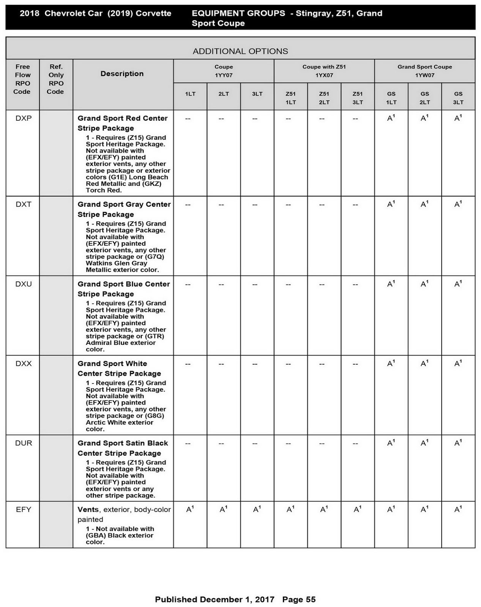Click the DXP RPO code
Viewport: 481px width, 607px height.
[24, 118]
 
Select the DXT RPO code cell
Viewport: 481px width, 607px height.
[24, 204]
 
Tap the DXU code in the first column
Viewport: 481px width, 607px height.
[24, 284]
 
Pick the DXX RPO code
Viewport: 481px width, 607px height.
[24, 364]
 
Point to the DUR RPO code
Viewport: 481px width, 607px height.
[24, 443]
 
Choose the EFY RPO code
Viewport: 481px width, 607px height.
[24, 510]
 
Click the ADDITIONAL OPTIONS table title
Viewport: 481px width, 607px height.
[240, 51]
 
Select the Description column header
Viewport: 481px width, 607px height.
[122, 74]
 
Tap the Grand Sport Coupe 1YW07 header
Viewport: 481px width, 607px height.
[424, 71]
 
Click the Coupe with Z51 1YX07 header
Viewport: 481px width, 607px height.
[324, 71]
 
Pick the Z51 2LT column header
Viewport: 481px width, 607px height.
[324, 98]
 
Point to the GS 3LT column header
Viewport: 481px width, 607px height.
[458, 98]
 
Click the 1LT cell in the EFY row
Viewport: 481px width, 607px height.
[190, 510]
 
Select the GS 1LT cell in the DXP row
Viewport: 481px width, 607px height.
[391, 118]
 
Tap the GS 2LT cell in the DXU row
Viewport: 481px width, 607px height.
[424, 284]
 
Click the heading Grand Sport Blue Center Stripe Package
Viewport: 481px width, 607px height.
[124, 289]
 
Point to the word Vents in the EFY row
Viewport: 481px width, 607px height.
[88, 510]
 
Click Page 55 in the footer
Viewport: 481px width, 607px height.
[299, 599]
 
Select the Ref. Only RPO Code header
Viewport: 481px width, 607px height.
[56, 79]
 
